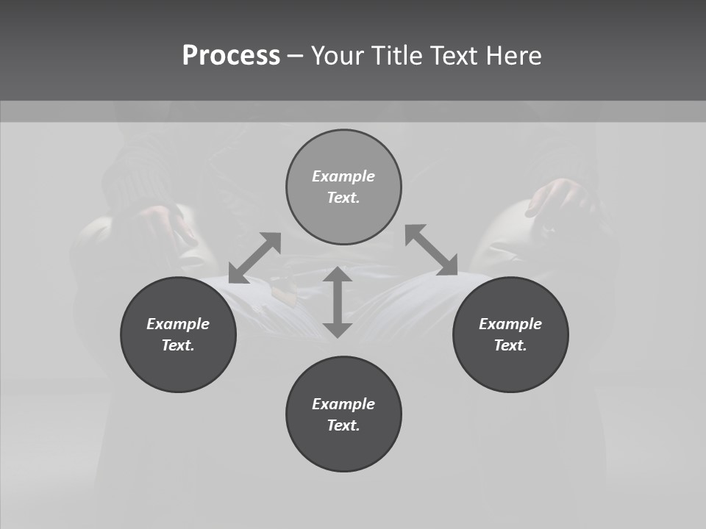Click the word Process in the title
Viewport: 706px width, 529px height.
pyautogui.click(x=231, y=56)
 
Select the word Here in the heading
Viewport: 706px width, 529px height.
pyautogui.click(x=514, y=56)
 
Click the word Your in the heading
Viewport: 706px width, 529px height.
pyautogui.click(x=338, y=56)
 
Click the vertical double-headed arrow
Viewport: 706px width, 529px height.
pyautogui.click(x=338, y=302)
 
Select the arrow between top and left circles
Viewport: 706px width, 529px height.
pyautogui.click(x=255, y=257)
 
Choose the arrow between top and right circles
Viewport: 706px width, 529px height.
pyautogui.click(x=432, y=250)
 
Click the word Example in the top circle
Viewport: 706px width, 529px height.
pyautogui.click(x=343, y=176)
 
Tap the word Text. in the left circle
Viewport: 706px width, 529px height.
pyautogui.click(x=178, y=345)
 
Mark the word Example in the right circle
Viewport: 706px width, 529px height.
pyautogui.click(x=510, y=324)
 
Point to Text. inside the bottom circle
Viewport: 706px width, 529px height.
pyautogui.click(x=343, y=425)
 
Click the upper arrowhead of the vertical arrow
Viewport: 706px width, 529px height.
pyautogui.click(x=338, y=275)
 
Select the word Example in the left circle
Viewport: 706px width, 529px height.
pyautogui.click(x=178, y=324)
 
